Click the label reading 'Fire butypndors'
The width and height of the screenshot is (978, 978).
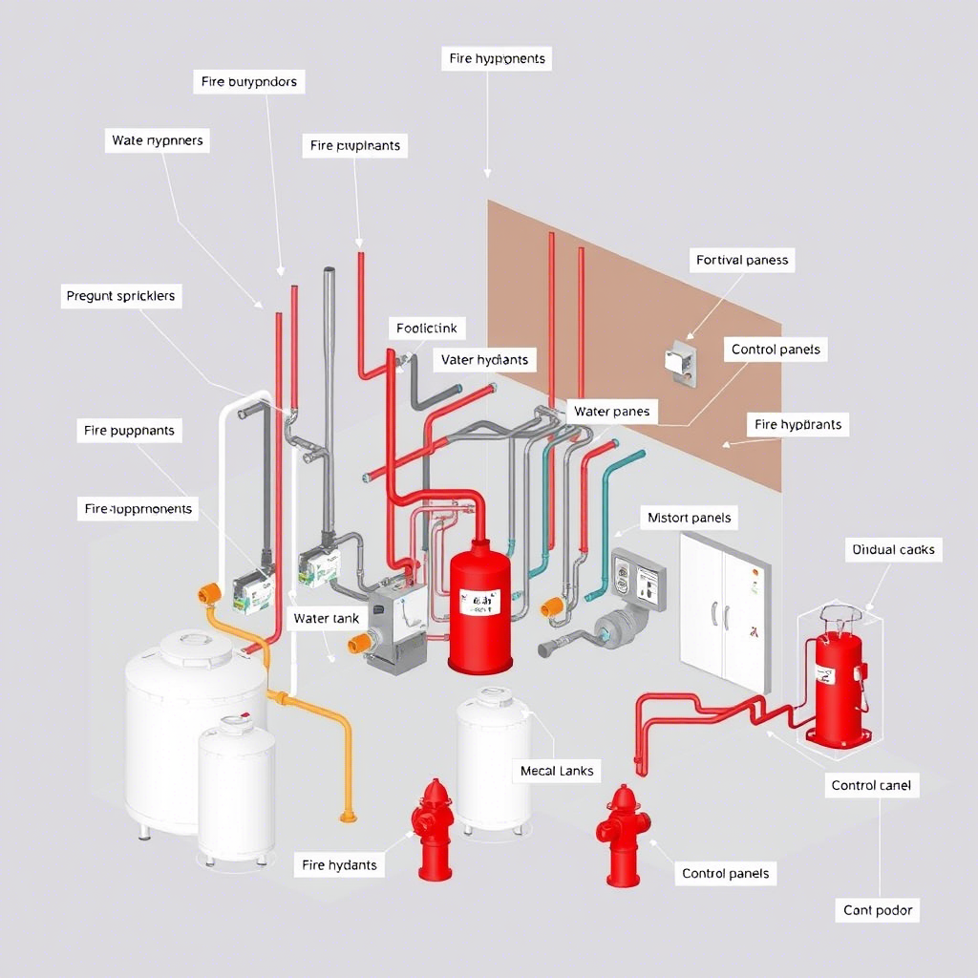(248, 82)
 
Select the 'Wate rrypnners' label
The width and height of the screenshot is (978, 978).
(158, 140)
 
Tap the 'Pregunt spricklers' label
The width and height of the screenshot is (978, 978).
(120, 296)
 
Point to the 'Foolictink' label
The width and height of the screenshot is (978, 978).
(427, 329)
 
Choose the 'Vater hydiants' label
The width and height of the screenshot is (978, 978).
(484, 360)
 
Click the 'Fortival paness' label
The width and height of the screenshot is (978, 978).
(742, 260)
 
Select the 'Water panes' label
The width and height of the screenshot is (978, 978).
(611, 412)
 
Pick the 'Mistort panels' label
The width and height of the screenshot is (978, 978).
(689, 518)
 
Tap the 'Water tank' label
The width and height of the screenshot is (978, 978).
(327, 618)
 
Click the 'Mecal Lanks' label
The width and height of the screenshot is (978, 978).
(557, 770)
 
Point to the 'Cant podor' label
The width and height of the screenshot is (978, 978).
(878, 910)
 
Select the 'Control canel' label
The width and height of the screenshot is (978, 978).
(871, 785)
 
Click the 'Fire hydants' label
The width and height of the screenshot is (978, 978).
(339, 865)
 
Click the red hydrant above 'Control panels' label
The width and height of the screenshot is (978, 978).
(623, 835)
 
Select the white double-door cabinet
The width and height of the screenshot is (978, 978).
(723, 612)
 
